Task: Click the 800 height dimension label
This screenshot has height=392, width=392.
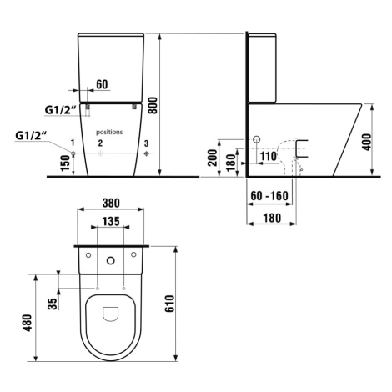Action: [x=153, y=105]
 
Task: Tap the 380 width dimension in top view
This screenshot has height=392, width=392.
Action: [x=111, y=203]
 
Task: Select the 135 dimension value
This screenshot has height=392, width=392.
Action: [x=111, y=221]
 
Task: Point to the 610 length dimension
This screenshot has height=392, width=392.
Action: [x=169, y=304]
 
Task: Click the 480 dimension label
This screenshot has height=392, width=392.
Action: [x=28, y=323]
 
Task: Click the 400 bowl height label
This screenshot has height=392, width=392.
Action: [x=367, y=142]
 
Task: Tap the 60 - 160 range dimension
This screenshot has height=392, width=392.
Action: [x=269, y=196]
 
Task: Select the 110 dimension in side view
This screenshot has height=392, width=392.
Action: [x=269, y=156]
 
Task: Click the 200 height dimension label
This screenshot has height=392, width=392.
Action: [x=213, y=158]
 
